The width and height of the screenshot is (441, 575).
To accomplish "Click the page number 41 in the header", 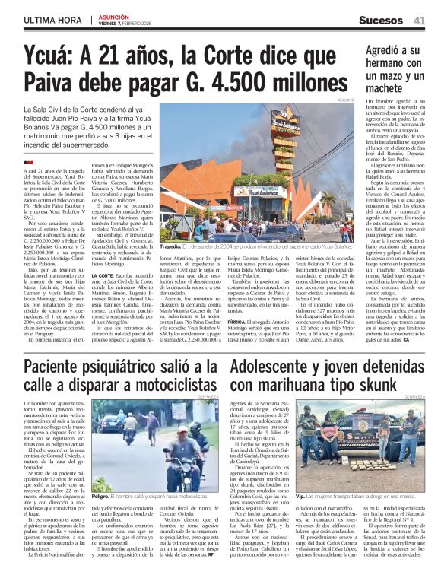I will pos(419,20).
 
